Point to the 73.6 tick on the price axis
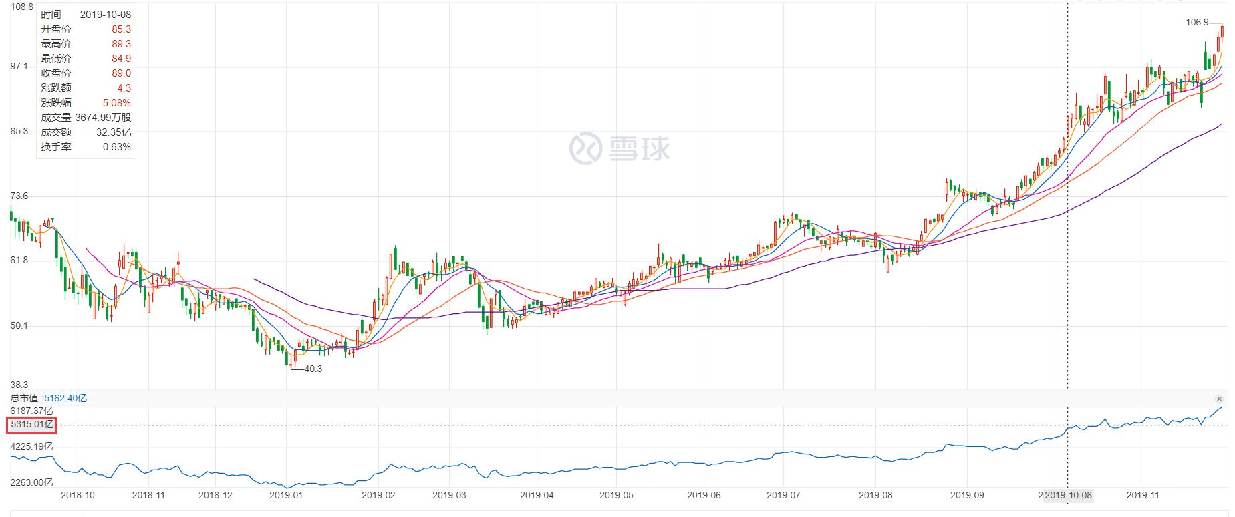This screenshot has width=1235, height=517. click(x=19, y=196)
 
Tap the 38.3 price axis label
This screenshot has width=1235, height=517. click(x=19, y=385)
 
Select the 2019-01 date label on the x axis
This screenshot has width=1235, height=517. click(x=286, y=495)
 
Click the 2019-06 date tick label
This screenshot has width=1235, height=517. click(x=704, y=495)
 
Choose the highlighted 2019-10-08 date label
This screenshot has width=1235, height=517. click(x=1068, y=495)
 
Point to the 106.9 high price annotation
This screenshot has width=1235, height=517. click(x=1197, y=22)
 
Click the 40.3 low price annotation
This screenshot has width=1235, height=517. click(x=313, y=369)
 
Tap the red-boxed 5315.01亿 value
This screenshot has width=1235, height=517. click(x=31, y=425)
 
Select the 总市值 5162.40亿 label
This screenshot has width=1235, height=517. click(x=49, y=398)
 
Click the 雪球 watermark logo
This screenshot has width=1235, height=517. click(x=619, y=148)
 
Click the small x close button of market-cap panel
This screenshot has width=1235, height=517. click(x=1219, y=399)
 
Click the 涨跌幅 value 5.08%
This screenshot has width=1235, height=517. click(x=118, y=103)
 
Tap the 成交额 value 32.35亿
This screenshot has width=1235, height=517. click(x=114, y=132)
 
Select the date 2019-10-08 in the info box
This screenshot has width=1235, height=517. click(x=105, y=15)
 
